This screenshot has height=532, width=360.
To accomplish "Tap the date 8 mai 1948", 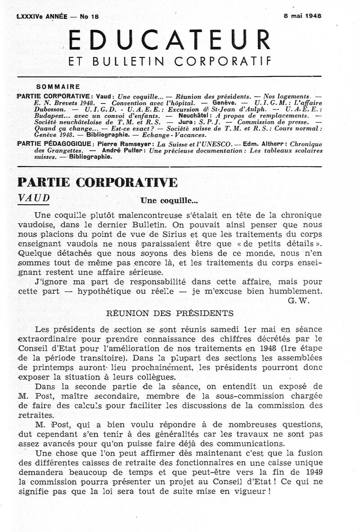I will (x=302, y=15).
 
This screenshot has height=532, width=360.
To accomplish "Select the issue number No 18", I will (x=89, y=16).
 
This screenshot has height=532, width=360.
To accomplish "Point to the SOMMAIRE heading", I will (x=58, y=87).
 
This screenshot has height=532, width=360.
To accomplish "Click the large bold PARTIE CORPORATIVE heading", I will (x=97, y=182).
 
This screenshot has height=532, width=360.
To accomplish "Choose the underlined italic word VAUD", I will (x=34, y=198).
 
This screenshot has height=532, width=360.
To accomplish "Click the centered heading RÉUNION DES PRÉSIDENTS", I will (x=169, y=313).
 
